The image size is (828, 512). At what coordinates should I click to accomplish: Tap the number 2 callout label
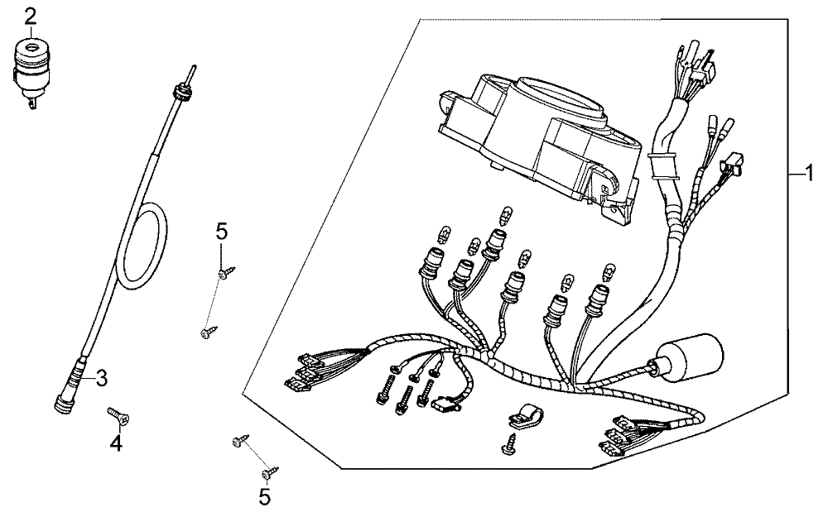30,15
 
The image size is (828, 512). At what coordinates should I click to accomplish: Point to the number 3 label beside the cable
101,378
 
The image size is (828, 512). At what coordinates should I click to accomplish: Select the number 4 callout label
116,443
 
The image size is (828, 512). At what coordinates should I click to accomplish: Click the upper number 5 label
221,232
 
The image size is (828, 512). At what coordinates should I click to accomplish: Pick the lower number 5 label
264,497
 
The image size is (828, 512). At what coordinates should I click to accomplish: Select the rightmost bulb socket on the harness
596,299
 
